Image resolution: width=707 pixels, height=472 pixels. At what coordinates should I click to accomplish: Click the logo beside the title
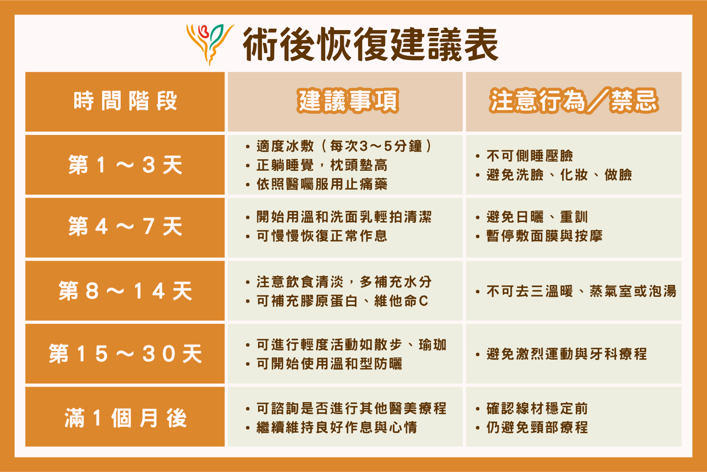click(210, 44)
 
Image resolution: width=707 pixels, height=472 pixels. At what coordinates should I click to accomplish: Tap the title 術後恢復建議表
click(371, 44)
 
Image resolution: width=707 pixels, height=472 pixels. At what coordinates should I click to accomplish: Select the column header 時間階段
click(125, 101)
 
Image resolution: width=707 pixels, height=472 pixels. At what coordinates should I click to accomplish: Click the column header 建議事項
click(348, 101)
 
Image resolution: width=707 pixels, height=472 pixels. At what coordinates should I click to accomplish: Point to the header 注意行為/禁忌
click(574, 101)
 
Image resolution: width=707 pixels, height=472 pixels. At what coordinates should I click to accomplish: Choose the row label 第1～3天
click(125, 165)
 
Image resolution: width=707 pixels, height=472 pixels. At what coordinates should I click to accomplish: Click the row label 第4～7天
click(125, 226)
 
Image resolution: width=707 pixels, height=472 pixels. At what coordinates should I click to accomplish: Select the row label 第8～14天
click(125, 291)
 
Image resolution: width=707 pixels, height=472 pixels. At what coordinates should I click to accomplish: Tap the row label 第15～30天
click(125, 353)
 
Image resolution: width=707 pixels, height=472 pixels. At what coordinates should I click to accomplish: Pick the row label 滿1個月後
click(125, 418)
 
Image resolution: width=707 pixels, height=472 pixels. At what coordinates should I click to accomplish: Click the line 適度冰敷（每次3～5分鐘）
click(344, 146)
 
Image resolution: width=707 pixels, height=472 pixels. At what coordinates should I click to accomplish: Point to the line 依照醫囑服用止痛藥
click(322, 184)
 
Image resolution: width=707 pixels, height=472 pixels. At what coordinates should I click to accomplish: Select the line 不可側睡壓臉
click(530, 156)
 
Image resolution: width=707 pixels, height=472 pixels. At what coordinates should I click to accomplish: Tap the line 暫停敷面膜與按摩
click(544, 236)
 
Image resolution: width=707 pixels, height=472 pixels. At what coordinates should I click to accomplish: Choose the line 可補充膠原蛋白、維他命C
click(342, 301)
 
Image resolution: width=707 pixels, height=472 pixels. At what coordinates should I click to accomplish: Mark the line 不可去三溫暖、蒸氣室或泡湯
click(582, 291)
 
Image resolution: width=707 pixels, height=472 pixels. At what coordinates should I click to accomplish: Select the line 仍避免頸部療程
click(537, 428)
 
